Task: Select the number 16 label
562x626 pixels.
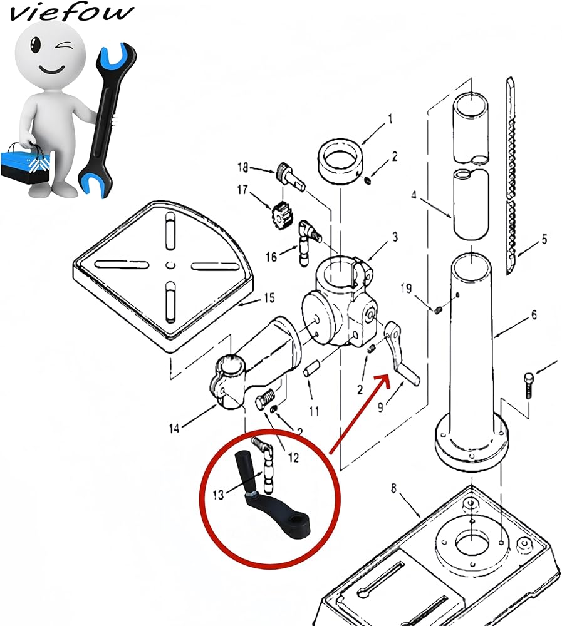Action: [x=271, y=257]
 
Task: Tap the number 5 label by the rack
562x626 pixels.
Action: [x=544, y=239]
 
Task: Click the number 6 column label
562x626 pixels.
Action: [x=534, y=315]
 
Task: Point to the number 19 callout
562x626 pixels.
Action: [x=407, y=288]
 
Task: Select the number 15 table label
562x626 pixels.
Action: [x=268, y=298]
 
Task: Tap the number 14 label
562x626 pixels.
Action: [x=174, y=428]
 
